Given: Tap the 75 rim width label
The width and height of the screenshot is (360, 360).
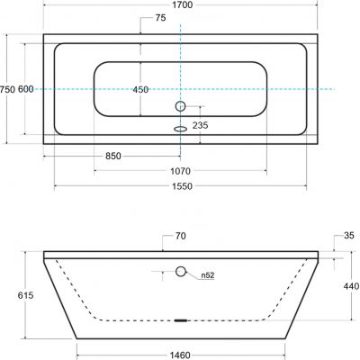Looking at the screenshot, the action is pyautogui.click(x=160, y=18).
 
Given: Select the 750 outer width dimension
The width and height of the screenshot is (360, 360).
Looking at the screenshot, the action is pyautogui.click(x=7, y=89).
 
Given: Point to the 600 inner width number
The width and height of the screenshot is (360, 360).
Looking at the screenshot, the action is pyautogui.click(x=26, y=89).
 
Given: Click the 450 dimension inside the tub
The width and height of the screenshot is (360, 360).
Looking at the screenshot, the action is pyautogui.click(x=140, y=89).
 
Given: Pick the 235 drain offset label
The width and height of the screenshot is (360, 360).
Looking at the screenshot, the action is pyautogui.click(x=200, y=125).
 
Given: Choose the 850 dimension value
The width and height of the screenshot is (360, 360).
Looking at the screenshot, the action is pyautogui.click(x=113, y=156).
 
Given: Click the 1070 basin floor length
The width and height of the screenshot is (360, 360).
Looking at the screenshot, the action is pyautogui.click(x=180, y=171).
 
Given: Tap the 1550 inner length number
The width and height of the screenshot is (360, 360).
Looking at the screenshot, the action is pyautogui.click(x=182, y=186).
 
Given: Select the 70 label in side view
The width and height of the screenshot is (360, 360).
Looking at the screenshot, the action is pyautogui.click(x=180, y=236).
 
